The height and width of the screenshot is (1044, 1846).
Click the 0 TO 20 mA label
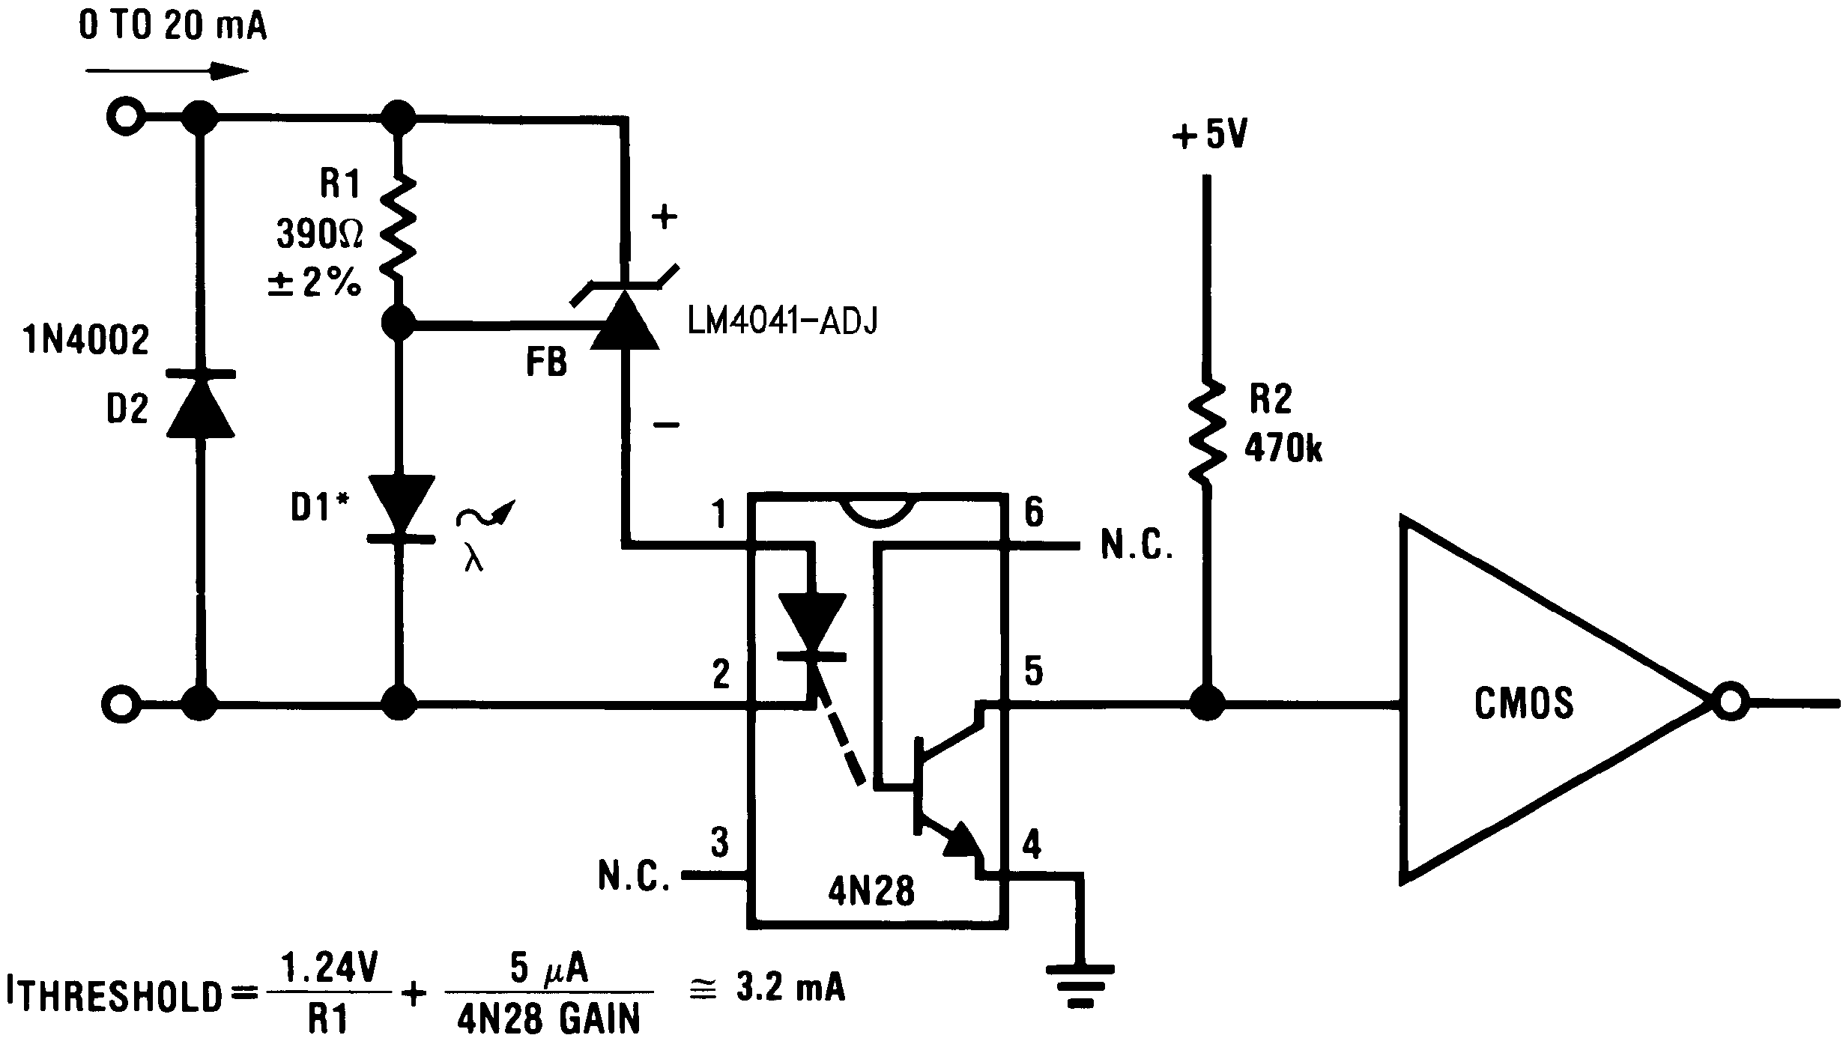[x=172, y=28]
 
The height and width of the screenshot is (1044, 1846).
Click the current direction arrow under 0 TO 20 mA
[x=166, y=72]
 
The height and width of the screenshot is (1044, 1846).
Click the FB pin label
[x=546, y=363]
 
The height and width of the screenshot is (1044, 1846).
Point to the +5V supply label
[x=1209, y=136]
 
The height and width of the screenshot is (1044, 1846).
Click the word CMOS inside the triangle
[x=1524, y=704]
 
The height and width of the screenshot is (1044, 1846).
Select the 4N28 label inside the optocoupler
[x=871, y=891]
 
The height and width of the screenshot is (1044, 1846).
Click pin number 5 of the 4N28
[x=1033, y=672]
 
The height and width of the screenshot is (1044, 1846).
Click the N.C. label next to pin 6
[x=1136, y=546]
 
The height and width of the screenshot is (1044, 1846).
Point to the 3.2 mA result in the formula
[x=790, y=989]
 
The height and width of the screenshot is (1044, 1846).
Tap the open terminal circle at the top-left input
[x=124, y=117]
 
